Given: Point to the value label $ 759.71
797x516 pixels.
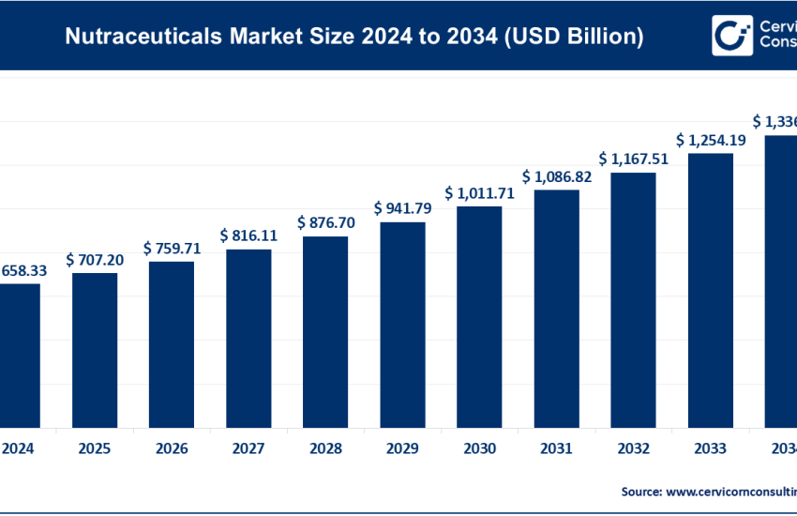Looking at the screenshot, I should point(172,248).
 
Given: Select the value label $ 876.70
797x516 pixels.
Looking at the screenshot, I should point(325,222).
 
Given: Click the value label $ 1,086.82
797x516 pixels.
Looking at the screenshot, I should point(556,175).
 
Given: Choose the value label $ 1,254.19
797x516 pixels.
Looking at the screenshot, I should point(710,139).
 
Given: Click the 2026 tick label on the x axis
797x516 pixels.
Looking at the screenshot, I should point(172,448).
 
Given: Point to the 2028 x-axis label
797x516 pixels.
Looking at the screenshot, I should point(325,448).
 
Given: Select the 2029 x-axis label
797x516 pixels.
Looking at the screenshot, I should point(402,448).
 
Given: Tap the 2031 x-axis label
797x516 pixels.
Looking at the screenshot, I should point(556,448).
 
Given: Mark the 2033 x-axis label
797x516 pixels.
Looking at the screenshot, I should point(710,448).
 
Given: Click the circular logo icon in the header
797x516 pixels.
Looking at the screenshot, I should point(729,36).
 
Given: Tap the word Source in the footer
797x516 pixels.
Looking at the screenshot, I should point(641,491).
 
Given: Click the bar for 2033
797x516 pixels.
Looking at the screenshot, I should point(710,290).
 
